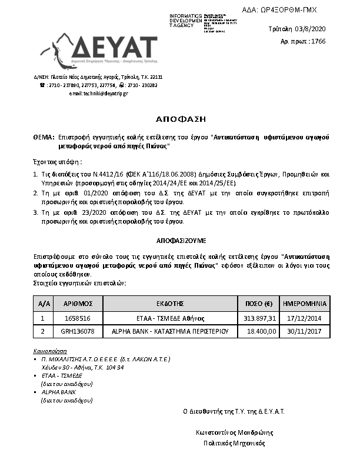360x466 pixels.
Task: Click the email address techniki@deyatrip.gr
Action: pos(98,93)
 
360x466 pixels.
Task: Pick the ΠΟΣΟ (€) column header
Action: pos(258,304)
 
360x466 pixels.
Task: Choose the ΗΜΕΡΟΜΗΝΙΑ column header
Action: pos(304,304)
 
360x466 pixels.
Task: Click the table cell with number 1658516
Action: pos(76,318)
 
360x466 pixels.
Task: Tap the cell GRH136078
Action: pos(76,331)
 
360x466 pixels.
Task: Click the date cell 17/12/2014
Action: pos(304,318)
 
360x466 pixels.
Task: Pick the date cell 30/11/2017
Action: pos(304,331)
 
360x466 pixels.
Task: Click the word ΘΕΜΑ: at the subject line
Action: pos(44,137)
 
